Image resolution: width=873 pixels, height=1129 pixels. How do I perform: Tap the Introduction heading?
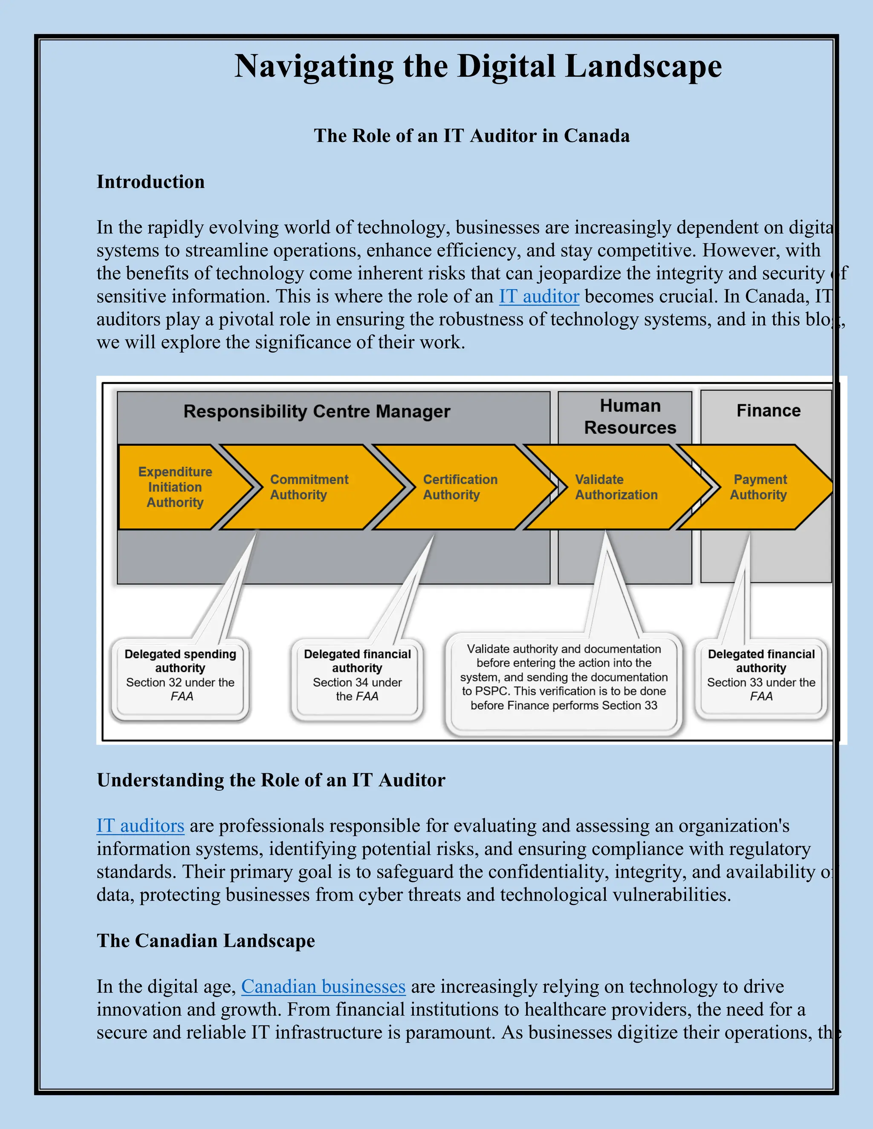pyautogui.click(x=150, y=182)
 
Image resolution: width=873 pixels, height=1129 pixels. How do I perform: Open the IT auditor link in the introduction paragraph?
pyautogui.click(x=538, y=296)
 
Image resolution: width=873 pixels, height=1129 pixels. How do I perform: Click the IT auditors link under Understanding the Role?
pyautogui.click(x=140, y=826)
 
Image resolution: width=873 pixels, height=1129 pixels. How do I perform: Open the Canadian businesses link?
pyautogui.click(x=323, y=986)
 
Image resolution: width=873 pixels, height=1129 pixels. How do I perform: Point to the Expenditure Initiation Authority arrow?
pyautogui.click(x=175, y=487)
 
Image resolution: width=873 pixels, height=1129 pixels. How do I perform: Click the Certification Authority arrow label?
pyautogui.click(x=460, y=487)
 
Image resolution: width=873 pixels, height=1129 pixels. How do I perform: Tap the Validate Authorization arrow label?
pyautogui.click(x=616, y=487)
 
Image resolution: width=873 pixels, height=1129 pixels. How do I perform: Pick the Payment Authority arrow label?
pyautogui.click(x=759, y=487)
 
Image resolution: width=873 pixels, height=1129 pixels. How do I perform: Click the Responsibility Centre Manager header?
pyautogui.click(x=317, y=412)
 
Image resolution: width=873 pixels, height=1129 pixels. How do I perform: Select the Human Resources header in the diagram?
pyautogui.click(x=630, y=417)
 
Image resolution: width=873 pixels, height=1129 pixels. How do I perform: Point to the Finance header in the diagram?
pyautogui.click(x=768, y=410)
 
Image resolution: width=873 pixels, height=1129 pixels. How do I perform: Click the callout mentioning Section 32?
pyautogui.click(x=180, y=675)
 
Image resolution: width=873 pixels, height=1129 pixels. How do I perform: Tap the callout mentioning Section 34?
pyautogui.click(x=357, y=675)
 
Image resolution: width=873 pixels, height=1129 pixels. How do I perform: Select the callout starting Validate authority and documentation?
pyautogui.click(x=564, y=677)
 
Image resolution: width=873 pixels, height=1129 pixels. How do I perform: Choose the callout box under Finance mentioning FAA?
pyautogui.click(x=761, y=675)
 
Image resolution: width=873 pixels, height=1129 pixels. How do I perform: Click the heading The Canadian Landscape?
pyautogui.click(x=205, y=941)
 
